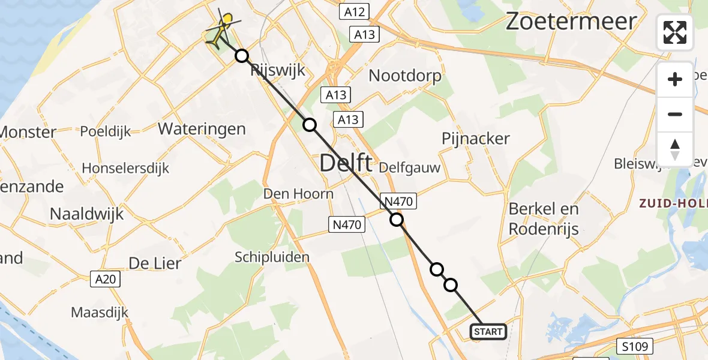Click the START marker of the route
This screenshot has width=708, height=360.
pos(488,332)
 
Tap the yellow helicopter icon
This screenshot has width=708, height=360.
pos(221,29)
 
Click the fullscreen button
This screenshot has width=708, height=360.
pos(675,32)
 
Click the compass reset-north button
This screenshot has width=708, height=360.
pos(675,149)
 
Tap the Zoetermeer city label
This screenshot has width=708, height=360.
pos(571,22)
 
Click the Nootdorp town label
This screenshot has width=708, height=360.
pos(405,76)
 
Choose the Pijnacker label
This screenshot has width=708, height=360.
pos(475,139)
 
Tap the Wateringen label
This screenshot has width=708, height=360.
pos(202,128)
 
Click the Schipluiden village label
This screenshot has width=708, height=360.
pos(272,257)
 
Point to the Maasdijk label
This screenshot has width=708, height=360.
pos(100,312)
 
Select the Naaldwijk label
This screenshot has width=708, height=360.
pos(86,214)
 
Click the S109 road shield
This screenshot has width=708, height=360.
pos(635,346)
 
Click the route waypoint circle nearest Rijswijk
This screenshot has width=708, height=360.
pos(241,56)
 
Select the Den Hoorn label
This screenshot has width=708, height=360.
pos(298,194)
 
